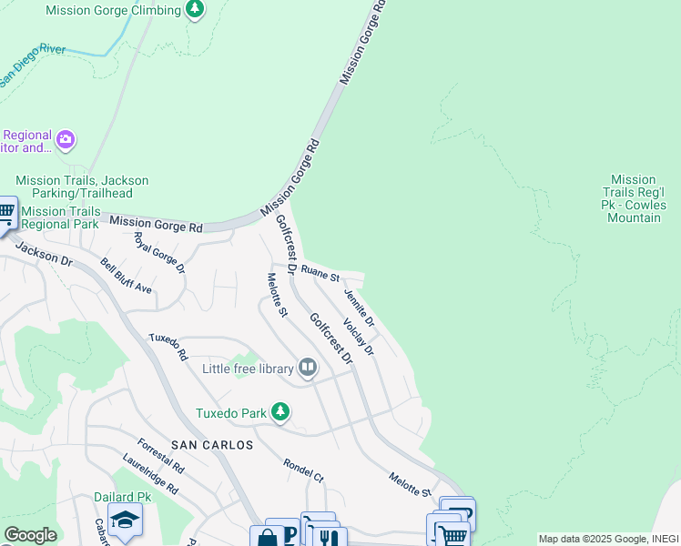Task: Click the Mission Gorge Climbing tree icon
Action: pos(194,9)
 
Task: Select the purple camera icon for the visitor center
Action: pos(65,139)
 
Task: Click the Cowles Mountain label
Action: pos(634,198)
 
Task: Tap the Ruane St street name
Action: pos(320,272)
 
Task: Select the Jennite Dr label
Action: pos(359,308)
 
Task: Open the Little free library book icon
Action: pos(308,368)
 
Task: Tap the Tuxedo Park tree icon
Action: pos(281,412)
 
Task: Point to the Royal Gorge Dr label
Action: pos(159,253)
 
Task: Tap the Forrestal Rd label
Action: pos(161,456)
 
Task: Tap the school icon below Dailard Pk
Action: pos(125,521)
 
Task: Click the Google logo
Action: pos(29,535)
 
